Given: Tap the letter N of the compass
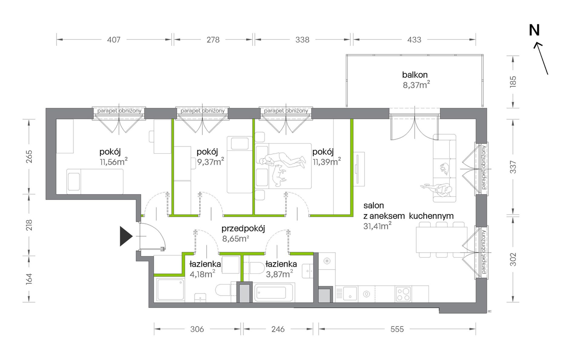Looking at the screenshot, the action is coord(534,30).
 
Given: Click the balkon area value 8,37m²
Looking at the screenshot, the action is coord(416,84).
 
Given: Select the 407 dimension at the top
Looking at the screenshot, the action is coord(114,40).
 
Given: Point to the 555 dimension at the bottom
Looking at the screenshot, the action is coord(397,329).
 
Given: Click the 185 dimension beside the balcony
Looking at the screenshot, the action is coord(513,82).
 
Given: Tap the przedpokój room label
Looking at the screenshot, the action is coord(243,229).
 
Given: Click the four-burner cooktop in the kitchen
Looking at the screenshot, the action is coord(403,294).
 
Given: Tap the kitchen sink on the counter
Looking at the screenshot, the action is coord(350,294).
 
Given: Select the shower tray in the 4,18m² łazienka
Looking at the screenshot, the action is coord(170,289).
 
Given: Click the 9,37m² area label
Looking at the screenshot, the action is coord(211,161).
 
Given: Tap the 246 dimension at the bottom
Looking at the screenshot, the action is coord(278,329).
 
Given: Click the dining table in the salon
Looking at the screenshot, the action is coord(442,239).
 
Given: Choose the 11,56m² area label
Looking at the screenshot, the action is coord(113,161).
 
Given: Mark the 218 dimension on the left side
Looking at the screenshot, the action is coord(29,225).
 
